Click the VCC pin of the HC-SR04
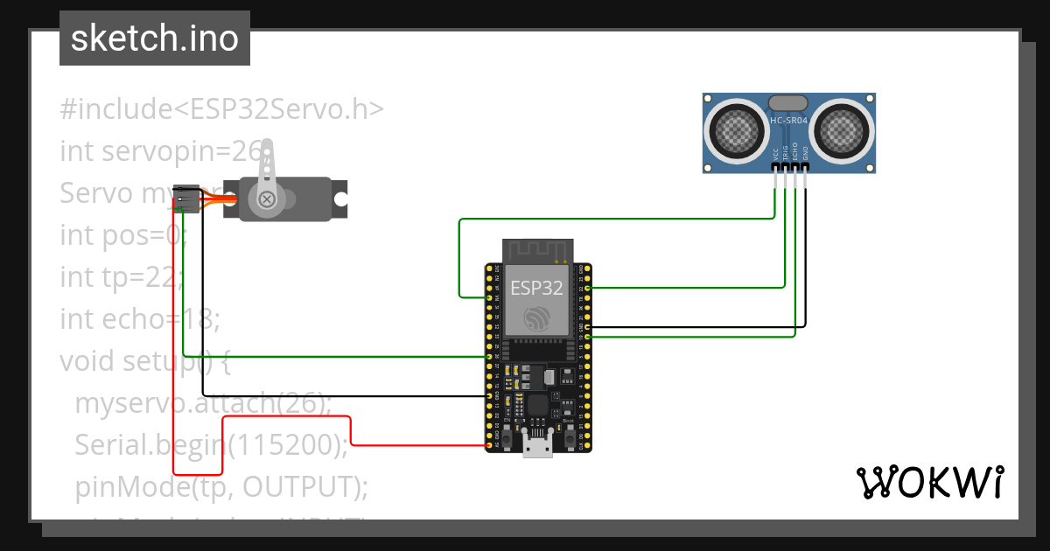point(775,166)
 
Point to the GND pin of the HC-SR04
point(806,166)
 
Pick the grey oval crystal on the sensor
point(788,103)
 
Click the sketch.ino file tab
point(155,38)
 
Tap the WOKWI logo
point(928,482)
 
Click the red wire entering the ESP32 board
point(420,446)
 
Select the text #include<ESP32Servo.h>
point(221,109)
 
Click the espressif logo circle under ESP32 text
point(536,318)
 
